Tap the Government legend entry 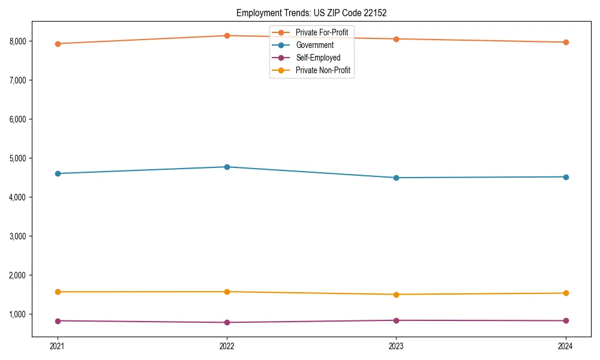pyautogui.click(x=314, y=45)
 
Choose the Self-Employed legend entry pyautogui.click(x=318, y=58)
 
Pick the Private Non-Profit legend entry pyautogui.click(x=323, y=71)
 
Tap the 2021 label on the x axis pyautogui.click(x=58, y=346)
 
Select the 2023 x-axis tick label pyautogui.click(x=397, y=346)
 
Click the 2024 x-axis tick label pyautogui.click(x=566, y=346)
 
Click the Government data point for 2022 pyautogui.click(x=227, y=167)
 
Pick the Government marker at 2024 pyautogui.click(x=566, y=177)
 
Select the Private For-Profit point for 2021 pyautogui.click(x=58, y=44)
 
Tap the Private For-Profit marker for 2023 pyautogui.click(x=397, y=39)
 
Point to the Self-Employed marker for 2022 pyautogui.click(x=227, y=322)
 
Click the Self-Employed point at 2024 pyautogui.click(x=566, y=320)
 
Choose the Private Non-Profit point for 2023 pyautogui.click(x=397, y=295)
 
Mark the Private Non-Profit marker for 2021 pyautogui.click(x=58, y=292)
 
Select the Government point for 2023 pyautogui.click(x=397, y=178)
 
